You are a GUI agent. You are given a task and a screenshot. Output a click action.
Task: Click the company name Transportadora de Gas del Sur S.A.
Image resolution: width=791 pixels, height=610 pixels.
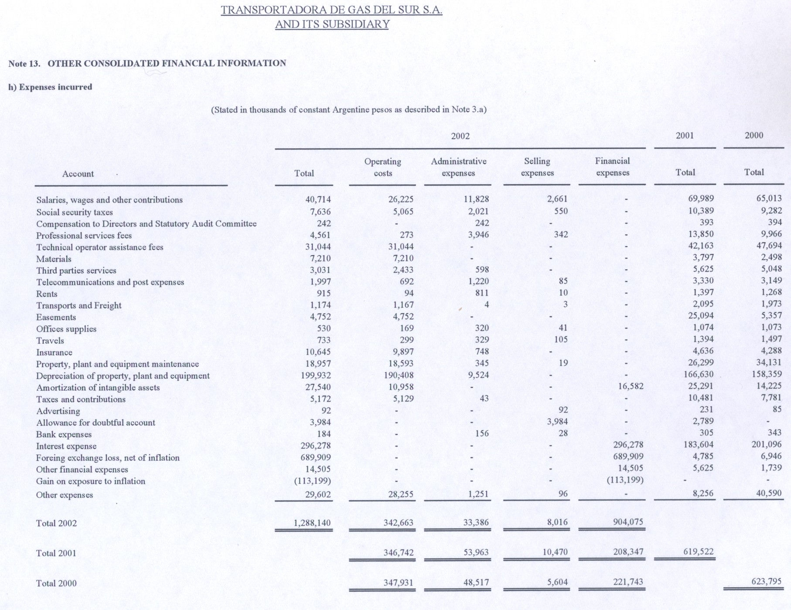point(331,10)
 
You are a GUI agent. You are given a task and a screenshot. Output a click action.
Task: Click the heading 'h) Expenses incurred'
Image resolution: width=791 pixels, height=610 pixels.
point(50,87)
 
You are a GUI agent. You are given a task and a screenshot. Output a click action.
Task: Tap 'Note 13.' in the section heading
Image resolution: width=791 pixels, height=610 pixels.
point(24,63)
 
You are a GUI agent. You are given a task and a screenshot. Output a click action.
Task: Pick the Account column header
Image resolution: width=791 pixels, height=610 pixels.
point(78,174)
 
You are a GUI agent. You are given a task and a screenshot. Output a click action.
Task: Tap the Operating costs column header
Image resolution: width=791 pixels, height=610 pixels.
point(383,167)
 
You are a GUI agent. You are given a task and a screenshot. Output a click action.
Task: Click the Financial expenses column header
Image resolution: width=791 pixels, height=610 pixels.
point(613,167)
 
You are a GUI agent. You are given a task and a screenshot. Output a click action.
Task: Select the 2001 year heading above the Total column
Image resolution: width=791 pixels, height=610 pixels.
point(685,135)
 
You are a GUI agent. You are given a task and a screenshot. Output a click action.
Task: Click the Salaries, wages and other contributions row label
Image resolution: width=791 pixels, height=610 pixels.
point(109,200)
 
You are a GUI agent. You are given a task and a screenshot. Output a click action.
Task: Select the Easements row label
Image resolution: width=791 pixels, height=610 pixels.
point(56,317)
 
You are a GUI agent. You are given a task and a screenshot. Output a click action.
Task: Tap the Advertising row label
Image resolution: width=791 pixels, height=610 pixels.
point(58,411)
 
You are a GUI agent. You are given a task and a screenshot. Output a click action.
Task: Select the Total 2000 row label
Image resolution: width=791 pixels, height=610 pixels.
point(56,583)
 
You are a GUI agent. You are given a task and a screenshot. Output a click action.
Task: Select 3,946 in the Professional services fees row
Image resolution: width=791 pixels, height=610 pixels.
point(478,235)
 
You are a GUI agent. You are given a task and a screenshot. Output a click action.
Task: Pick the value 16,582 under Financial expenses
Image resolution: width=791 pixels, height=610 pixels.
point(631,386)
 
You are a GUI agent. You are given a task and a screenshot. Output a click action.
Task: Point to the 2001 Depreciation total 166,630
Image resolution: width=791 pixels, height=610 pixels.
point(698,374)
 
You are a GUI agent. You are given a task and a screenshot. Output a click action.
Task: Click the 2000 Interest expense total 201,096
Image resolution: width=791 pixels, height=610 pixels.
point(767,445)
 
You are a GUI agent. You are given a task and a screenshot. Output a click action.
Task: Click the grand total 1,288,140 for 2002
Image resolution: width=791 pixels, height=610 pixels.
point(312,523)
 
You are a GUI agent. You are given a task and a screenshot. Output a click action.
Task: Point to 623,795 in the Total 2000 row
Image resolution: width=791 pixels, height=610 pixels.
point(766,582)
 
